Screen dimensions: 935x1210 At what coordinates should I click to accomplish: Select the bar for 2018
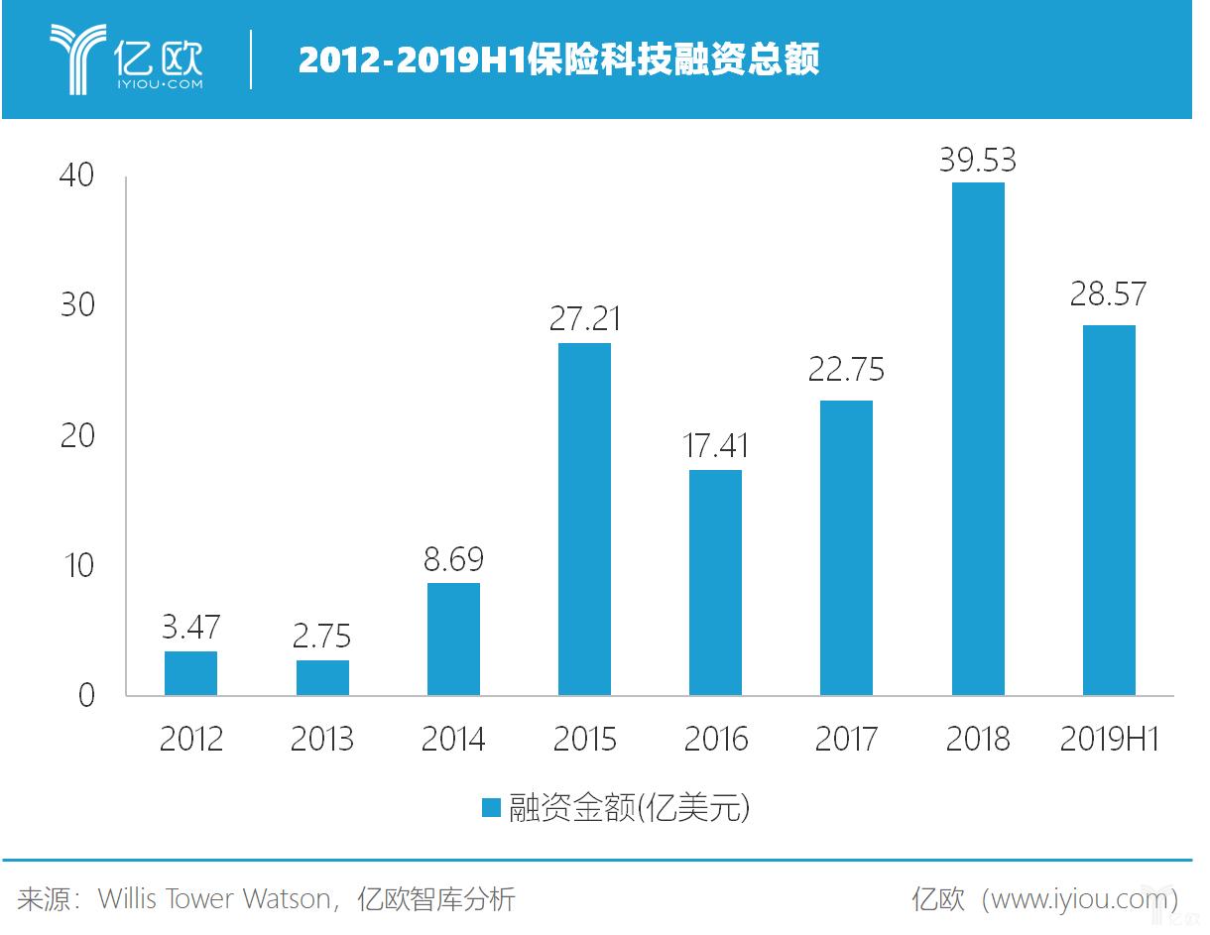[x=978, y=438]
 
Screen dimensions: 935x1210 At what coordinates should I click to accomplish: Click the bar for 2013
[x=322, y=677]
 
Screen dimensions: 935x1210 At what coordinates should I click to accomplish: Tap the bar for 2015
[x=584, y=519]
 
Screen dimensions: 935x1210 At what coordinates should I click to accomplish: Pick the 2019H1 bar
[x=1109, y=510]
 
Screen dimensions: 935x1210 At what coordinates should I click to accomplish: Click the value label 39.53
[x=978, y=161]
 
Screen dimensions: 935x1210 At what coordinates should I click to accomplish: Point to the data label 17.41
[x=716, y=446]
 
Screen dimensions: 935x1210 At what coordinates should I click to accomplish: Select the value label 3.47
[x=190, y=628]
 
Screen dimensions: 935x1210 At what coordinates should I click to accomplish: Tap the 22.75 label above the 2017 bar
[x=846, y=370]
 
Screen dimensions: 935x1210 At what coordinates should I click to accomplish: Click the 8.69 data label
[x=453, y=560]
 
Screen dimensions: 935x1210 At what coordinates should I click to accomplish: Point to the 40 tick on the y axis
[x=76, y=176]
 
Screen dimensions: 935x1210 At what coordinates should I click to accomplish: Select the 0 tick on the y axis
[x=86, y=696]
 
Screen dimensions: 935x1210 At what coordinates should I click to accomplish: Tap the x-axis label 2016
[x=716, y=740]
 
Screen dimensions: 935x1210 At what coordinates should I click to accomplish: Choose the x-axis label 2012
[x=190, y=740]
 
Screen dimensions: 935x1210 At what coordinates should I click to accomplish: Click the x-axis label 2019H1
[x=1109, y=740]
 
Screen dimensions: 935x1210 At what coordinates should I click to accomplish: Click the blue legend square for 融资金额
[x=490, y=808]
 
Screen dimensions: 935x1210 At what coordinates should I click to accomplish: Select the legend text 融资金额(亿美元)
[x=629, y=808]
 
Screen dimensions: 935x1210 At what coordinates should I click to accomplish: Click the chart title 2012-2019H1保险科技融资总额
[x=558, y=60]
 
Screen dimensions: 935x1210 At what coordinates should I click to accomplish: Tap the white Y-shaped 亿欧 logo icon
[x=78, y=58]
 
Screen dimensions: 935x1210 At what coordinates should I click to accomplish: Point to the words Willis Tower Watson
[x=214, y=899]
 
